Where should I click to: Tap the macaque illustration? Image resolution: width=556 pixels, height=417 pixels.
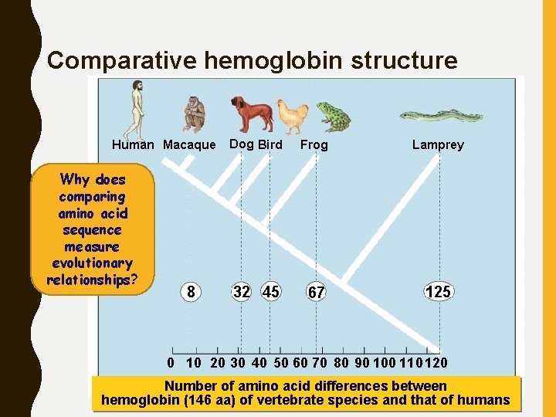(194, 114)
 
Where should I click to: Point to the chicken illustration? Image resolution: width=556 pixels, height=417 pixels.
(293, 117)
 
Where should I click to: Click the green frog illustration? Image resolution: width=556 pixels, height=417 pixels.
(333, 116)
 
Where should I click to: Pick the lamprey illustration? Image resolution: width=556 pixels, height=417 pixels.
(441, 117)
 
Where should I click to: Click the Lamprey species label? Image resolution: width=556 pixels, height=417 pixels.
(438, 144)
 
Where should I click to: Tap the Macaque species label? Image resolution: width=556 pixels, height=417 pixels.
(190, 144)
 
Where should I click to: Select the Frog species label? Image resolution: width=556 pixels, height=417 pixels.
(314, 144)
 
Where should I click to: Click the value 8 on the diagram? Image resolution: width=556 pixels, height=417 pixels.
(190, 292)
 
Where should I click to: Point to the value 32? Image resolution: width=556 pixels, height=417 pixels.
(242, 292)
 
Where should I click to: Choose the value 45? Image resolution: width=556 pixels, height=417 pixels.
(270, 292)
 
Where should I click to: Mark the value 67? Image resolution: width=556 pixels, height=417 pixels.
(315, 293)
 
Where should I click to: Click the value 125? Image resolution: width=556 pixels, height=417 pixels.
(438, 292)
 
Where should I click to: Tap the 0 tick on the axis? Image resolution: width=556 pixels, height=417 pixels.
(171, 362)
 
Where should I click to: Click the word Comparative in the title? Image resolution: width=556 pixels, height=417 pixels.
(109, 60)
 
